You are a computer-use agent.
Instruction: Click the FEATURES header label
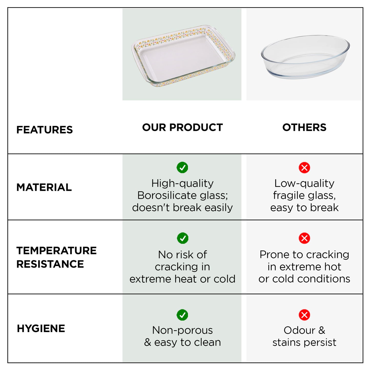point(45,130)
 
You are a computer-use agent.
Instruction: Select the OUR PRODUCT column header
point(182,128)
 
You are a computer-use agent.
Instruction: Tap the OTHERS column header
point(304,128)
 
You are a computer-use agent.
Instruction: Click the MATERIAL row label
point(44,187)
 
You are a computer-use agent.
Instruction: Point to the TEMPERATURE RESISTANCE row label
point(56,257)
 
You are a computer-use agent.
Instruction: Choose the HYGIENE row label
point(41,329)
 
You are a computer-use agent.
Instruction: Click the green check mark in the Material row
point(182,167)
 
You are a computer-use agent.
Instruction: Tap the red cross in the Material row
point(304,168)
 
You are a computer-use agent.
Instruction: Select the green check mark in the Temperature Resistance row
point(183,238)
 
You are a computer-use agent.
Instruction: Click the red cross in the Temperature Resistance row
point(304,238)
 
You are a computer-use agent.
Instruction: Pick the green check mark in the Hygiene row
point(182,315)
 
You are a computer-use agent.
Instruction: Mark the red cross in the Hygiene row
point(304,315)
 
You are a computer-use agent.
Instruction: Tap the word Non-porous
point(182,330)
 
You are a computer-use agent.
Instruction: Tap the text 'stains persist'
point(304,342)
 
